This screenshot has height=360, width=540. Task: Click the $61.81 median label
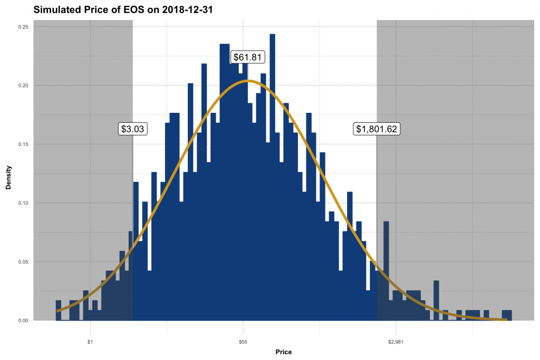click(247, 57)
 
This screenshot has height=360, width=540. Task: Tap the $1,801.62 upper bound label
click(377, 129)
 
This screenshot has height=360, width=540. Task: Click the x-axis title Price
click(283, 352)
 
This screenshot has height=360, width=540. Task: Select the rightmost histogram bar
click(507, 315)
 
